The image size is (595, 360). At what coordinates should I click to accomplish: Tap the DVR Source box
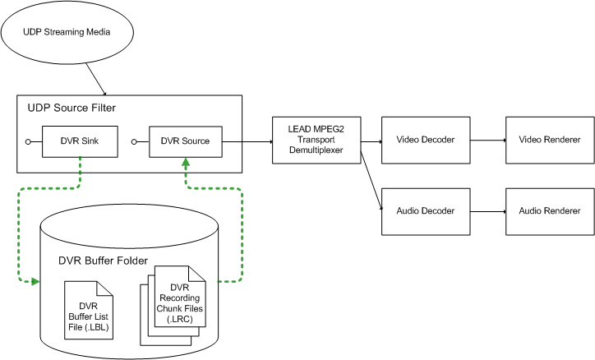(186, 141)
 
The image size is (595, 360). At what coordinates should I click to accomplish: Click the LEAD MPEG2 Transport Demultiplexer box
(316, 141)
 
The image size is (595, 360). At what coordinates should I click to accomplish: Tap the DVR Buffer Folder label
(103, 261)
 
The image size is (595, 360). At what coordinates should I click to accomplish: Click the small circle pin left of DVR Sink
(29, 142)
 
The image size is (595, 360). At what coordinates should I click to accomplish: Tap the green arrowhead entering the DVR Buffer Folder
(35, 282)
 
